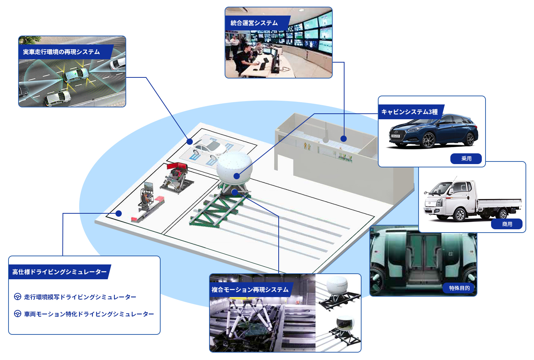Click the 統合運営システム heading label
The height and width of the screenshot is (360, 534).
[x=254, y=23]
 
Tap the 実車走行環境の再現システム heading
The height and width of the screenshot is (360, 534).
[x=61, y=52]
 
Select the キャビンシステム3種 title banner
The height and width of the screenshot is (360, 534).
[x=410, y=111]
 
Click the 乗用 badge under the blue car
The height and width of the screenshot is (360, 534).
[x=466, y=159]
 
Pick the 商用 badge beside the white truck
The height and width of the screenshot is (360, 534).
[x=507, y=224]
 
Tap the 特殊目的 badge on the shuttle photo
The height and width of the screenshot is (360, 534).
[x=459, y=288]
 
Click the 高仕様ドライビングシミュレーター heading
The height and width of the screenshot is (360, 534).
[x=60, y=272]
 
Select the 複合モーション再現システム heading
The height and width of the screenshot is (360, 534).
[x=250, y=290]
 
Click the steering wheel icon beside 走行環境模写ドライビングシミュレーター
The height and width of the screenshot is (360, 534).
[x=17, y=297]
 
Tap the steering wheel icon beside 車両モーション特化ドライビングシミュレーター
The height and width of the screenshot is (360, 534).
[x=17, y=313]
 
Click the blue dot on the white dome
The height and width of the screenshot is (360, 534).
[x=236, y=176]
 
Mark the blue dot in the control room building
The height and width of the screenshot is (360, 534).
[x=343, y=139]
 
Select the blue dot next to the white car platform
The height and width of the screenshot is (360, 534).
[x=189, y=142]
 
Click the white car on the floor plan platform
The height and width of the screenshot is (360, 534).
[x=209, y=149]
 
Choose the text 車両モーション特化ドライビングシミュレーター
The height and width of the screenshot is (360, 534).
[x=89, y=314]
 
